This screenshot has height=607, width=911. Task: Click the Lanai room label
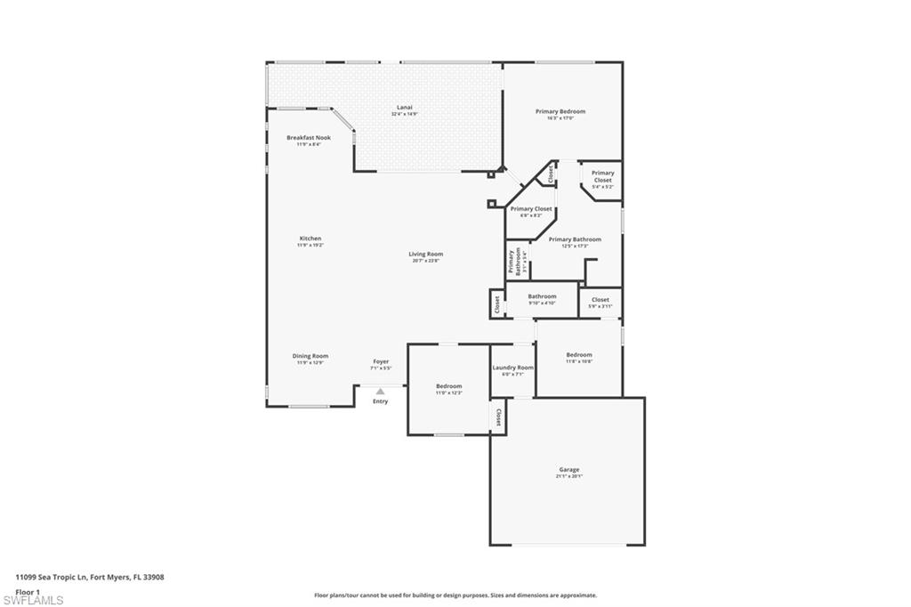tap(405, 110)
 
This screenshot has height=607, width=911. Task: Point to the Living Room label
tap(427, 255)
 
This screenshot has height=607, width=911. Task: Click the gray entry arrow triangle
tap(380, 391)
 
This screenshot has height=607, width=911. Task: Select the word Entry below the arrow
tap(380, 401)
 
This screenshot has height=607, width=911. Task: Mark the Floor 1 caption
tap(28, 591)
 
